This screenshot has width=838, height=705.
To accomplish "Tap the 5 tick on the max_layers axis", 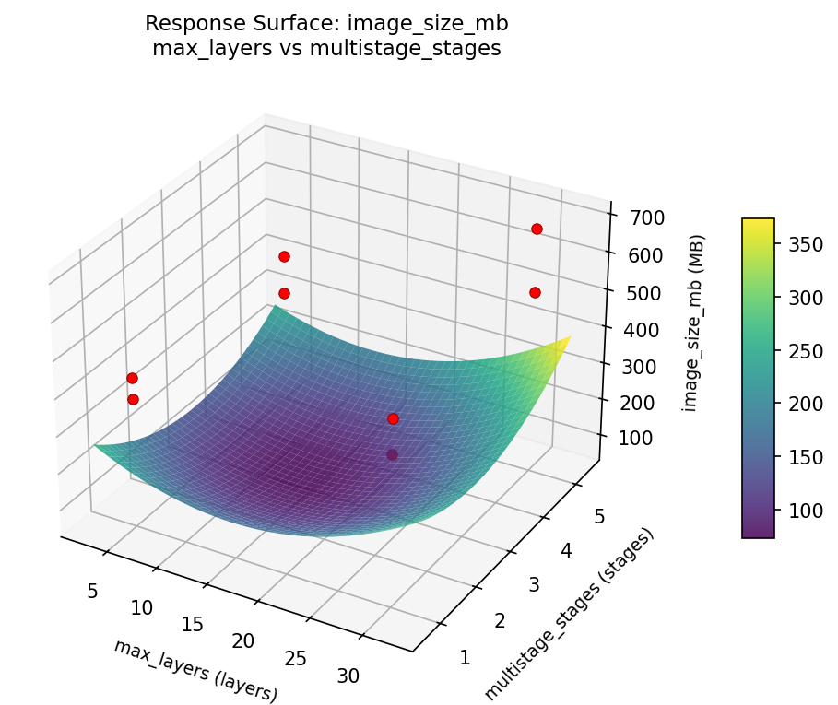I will coord(92,591).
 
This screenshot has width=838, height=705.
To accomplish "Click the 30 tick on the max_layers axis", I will coord(348,676).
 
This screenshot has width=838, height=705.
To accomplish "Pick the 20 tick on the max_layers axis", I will coord(242,640).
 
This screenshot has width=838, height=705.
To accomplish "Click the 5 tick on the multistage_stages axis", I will coord(598,517).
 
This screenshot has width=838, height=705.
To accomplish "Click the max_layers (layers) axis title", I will coord(195,670).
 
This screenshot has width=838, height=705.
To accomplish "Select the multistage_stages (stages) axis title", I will coord(569,612).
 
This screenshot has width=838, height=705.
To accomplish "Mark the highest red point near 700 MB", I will coord(537,229).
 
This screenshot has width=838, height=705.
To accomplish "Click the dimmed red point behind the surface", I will coord(392,454).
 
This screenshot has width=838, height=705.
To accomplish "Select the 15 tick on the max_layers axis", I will coord(192,624).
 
